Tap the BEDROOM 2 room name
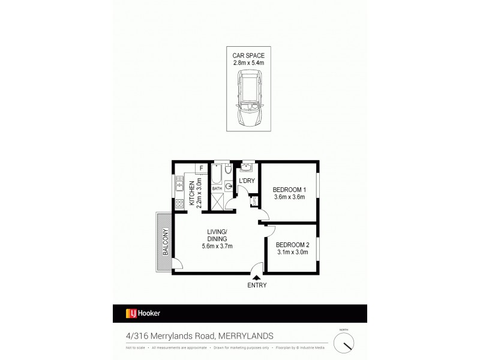[x=292, y=245]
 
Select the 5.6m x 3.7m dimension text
[x=217, y=246]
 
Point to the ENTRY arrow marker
[x=256, y=277]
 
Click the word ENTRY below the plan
[x=256, y=286]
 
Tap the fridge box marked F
[x=202, y=168]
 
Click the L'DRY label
[x=246, y=181]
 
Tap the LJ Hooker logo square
[x=130, y=313]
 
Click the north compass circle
[x=344, y=343]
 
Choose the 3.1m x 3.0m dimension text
[x=292, y=253]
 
